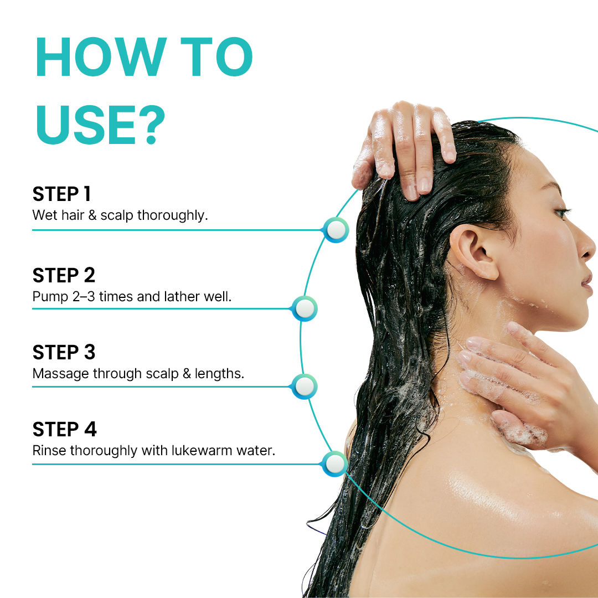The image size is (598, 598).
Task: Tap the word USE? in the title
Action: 101,125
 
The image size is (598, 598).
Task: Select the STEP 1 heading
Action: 62,194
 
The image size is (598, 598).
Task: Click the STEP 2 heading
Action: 64,275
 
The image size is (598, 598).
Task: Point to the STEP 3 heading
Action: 64,352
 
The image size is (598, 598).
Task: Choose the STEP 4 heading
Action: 64,429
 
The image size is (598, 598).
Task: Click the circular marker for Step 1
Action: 336,230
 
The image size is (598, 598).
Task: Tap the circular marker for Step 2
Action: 305,308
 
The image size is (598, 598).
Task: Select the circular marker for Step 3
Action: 305,386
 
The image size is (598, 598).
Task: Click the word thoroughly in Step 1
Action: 172,215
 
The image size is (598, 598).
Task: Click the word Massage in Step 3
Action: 61,374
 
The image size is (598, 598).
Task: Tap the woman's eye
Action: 562,212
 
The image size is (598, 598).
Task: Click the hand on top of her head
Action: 404,149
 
